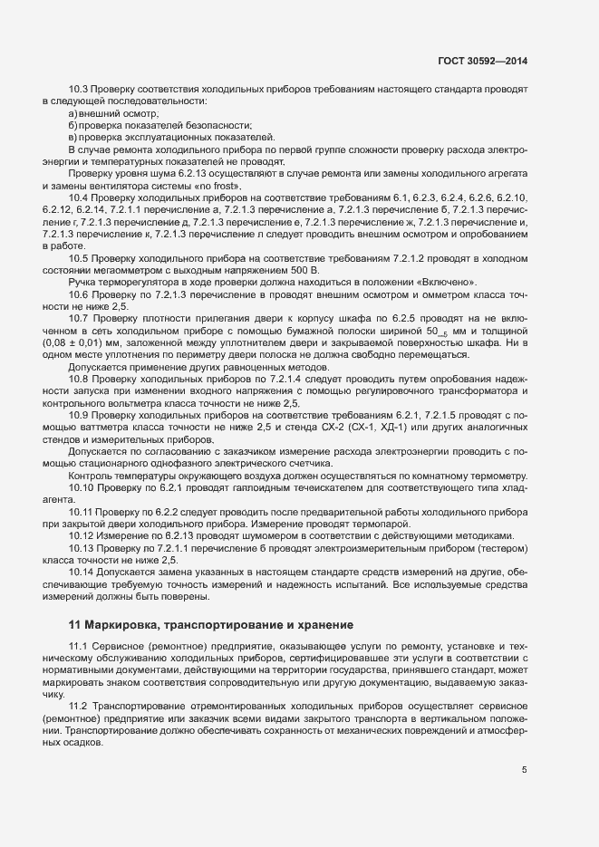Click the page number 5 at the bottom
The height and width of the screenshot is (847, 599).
[524, 770]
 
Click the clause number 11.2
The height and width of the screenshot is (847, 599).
[79, 704]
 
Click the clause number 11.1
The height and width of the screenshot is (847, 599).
[79, 643]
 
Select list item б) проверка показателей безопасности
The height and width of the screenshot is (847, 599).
[159, 125]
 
